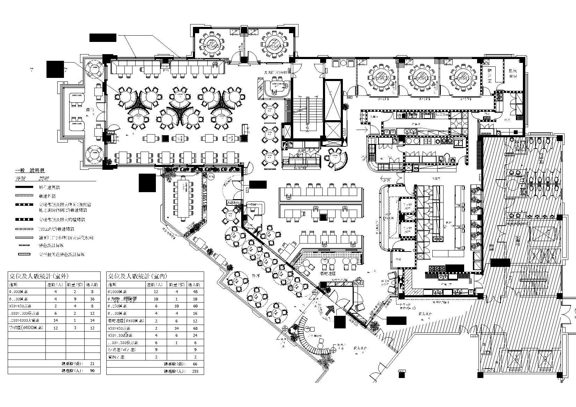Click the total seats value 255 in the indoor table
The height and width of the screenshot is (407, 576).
195,371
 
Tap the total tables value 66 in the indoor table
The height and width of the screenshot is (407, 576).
195,364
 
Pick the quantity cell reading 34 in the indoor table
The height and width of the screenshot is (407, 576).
177,328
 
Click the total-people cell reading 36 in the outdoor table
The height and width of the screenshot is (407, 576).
93,299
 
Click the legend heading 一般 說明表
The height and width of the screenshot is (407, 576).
30,171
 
